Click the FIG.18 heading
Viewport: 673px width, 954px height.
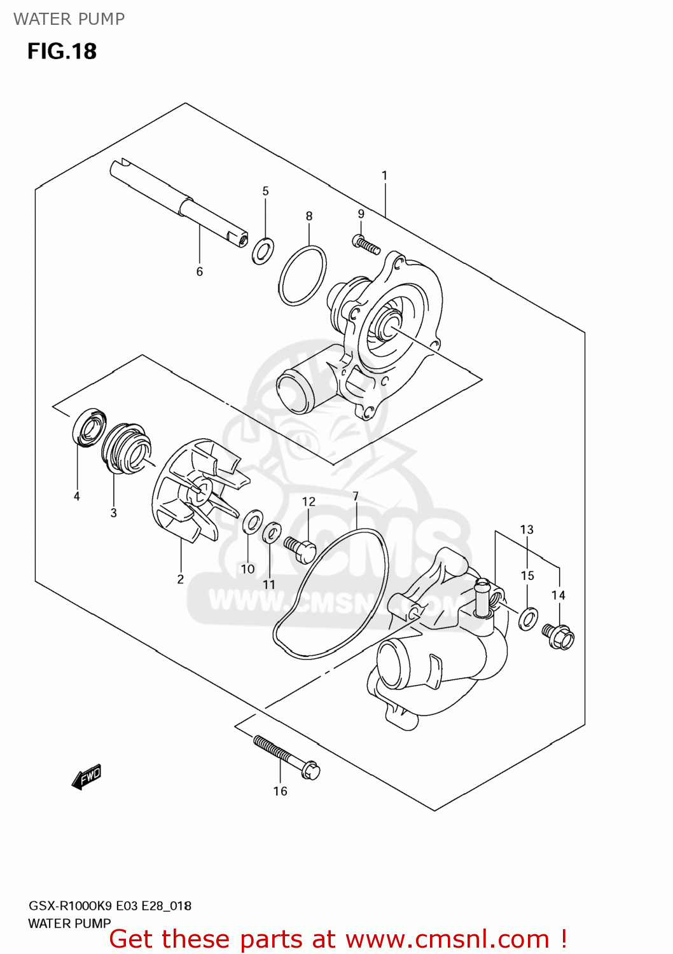[x=62, y=51]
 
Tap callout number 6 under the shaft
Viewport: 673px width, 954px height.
[x=199, y=272]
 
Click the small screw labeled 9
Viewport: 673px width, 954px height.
[x=366, y=244]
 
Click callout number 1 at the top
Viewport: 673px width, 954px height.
[x=384, y=175]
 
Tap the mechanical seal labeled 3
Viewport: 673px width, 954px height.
[x=125, y=447]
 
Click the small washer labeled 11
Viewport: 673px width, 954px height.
[x=272, y=532]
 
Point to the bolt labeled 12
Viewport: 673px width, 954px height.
[x=300, y=548]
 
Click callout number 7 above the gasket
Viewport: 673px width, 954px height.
[x=356, y=496]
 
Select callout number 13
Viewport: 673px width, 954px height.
[x=527, y=529]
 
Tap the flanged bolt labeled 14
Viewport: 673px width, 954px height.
[x=559, y=635]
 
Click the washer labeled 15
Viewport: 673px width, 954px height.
[x=528, y=618]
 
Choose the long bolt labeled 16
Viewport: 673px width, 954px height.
[x=286, y=756]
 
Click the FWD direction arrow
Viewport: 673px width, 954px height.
[x=87, y=777]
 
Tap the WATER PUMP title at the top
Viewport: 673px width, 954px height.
[x=69, y=19]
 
